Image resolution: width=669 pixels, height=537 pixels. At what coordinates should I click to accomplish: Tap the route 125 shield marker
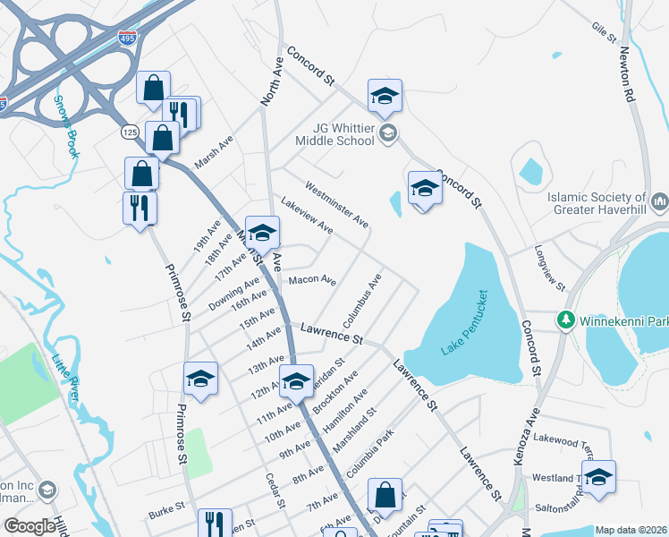coord(129,132)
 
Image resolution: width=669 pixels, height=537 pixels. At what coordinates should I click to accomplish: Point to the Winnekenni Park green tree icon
coord(565,320)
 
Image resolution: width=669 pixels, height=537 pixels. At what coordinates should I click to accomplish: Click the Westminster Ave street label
coord(336,204)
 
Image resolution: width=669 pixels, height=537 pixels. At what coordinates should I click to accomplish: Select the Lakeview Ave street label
coord(307,217)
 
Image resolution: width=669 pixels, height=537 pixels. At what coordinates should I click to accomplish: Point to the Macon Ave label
coord(312,281)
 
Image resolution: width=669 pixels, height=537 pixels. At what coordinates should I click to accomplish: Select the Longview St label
coord(550,268)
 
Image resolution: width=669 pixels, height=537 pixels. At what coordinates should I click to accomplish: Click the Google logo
coord(29,526)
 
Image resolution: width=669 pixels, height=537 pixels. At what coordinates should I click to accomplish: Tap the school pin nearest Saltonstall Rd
coord(598,476)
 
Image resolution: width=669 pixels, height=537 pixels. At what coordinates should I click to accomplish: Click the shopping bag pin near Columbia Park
coord(385,494)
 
